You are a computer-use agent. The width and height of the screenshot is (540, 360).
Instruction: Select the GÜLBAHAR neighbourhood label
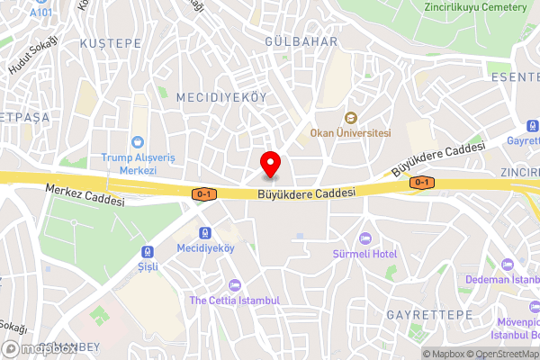pos(301,41)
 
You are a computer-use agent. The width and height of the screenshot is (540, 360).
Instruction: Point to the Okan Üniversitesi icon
pos(350,118)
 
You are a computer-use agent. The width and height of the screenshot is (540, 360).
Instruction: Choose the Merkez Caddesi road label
pos(85,194)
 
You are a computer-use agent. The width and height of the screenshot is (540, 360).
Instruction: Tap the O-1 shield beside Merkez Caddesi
pos(204,193)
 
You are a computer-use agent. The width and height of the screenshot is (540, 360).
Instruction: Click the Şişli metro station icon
pos(146,254)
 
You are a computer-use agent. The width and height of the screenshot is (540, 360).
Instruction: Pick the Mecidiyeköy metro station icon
pos(205,232)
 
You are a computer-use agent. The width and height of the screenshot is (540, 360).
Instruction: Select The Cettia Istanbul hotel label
pos(236,300)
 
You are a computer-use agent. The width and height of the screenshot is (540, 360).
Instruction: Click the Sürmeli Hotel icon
pos(364,238)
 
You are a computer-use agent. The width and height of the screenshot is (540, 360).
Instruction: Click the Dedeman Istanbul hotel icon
pos(507,264)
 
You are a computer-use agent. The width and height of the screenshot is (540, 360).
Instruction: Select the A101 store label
pos(40,13)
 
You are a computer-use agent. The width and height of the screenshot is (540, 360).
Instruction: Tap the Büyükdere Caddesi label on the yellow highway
pos(306,192)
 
